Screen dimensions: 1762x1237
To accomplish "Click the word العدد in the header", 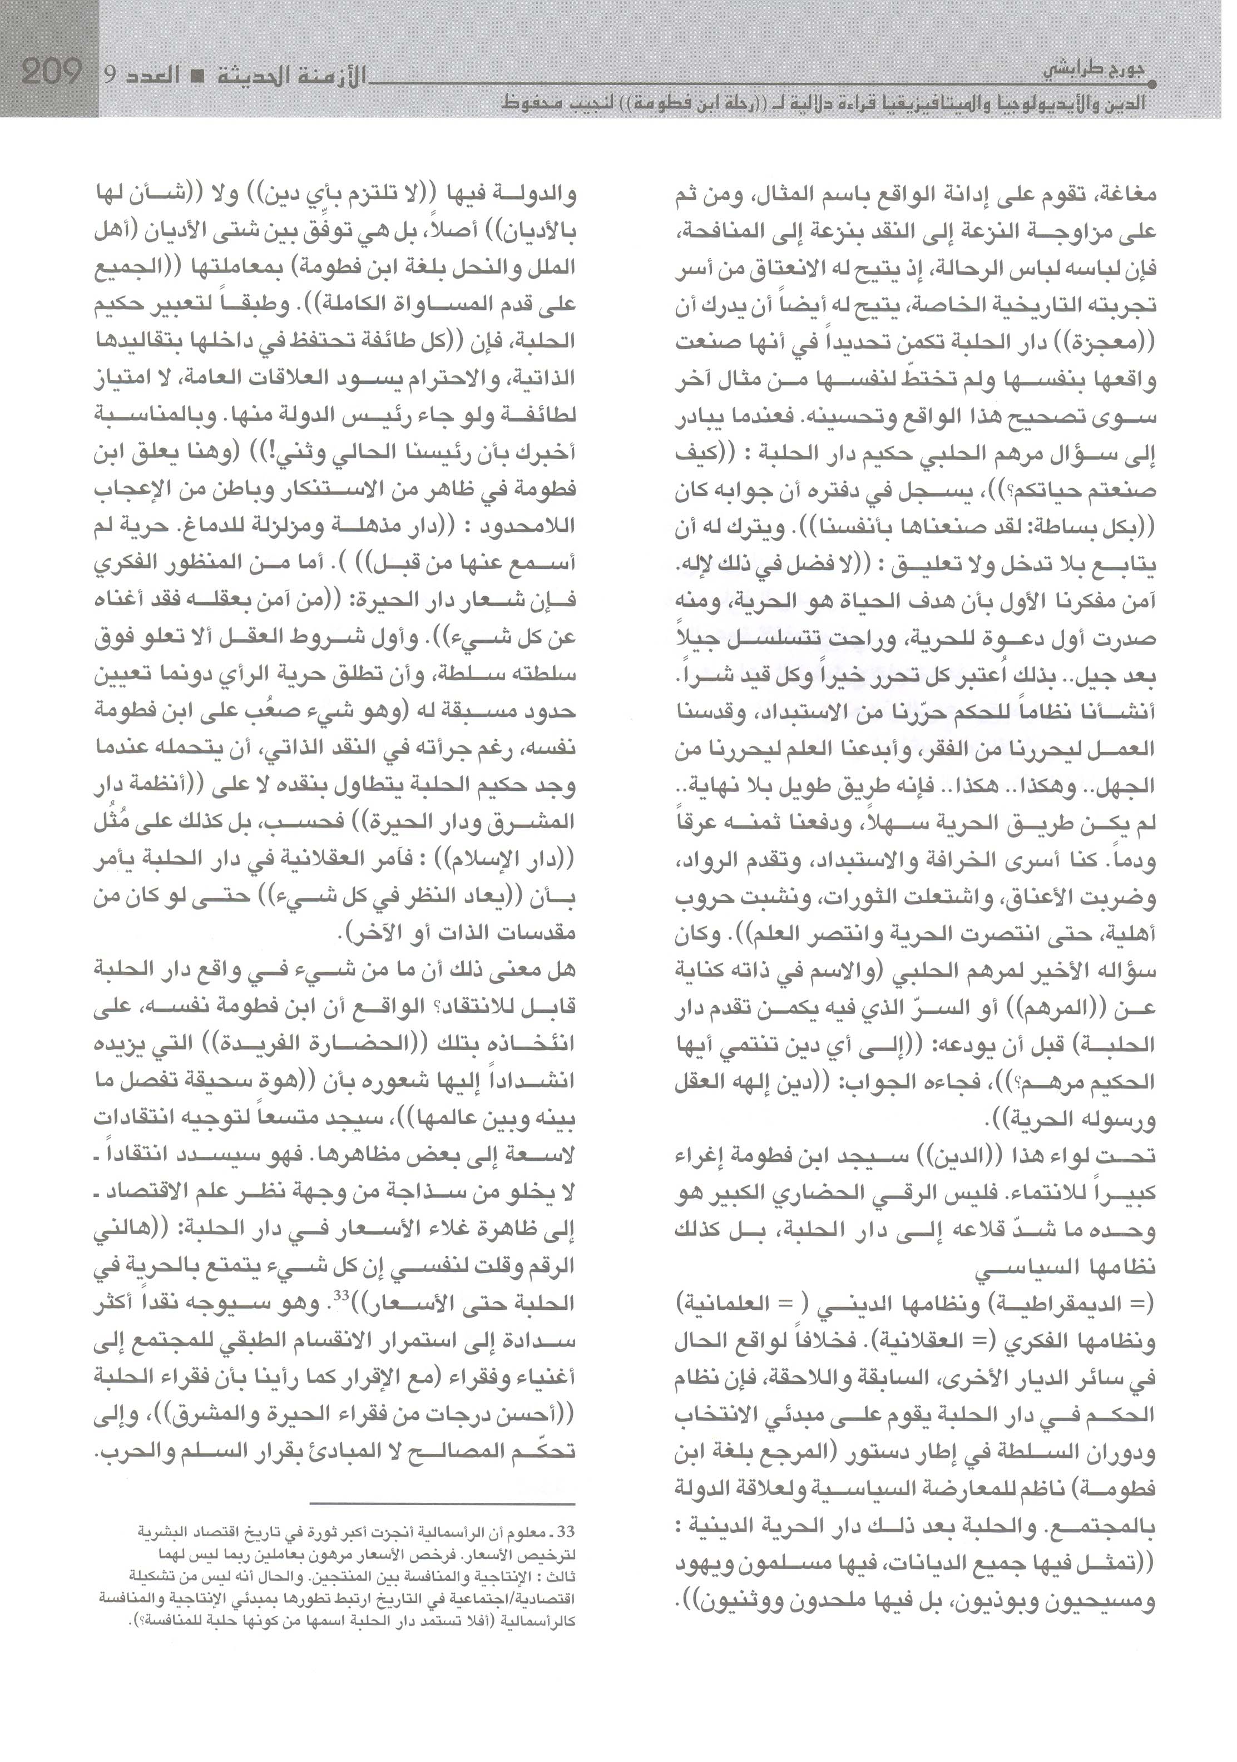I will [x=154, y=75].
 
